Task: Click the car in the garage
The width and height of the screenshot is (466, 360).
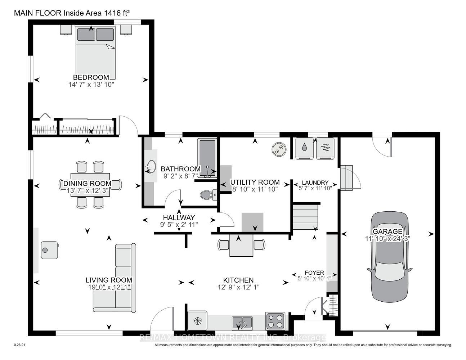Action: click(389, 257)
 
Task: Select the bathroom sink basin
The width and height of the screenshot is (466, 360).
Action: click(151, 166)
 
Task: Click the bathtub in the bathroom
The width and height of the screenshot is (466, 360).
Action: click(207, 158)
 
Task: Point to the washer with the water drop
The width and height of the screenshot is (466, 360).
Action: click(304, 148)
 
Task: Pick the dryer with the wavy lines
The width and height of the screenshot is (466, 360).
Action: click(325, 148)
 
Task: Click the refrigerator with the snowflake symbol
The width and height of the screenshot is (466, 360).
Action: click(197, 321)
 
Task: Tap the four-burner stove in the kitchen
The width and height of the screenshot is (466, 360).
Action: click(275, 321)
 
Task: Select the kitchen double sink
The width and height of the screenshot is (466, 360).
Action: click(242, 324)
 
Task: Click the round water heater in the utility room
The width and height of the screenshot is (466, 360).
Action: click(279, 149)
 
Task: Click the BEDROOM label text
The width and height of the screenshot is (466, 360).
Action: click(91, 77)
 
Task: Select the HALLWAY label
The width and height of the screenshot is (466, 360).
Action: click(179, 218)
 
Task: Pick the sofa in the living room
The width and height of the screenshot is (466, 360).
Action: click(115, 278)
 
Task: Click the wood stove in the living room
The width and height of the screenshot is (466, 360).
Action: click(50, 250)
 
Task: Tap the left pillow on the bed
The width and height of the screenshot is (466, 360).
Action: click(86, 34)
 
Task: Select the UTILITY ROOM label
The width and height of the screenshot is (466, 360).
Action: click(255, 182)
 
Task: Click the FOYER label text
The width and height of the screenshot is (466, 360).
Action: click(314, 273)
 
